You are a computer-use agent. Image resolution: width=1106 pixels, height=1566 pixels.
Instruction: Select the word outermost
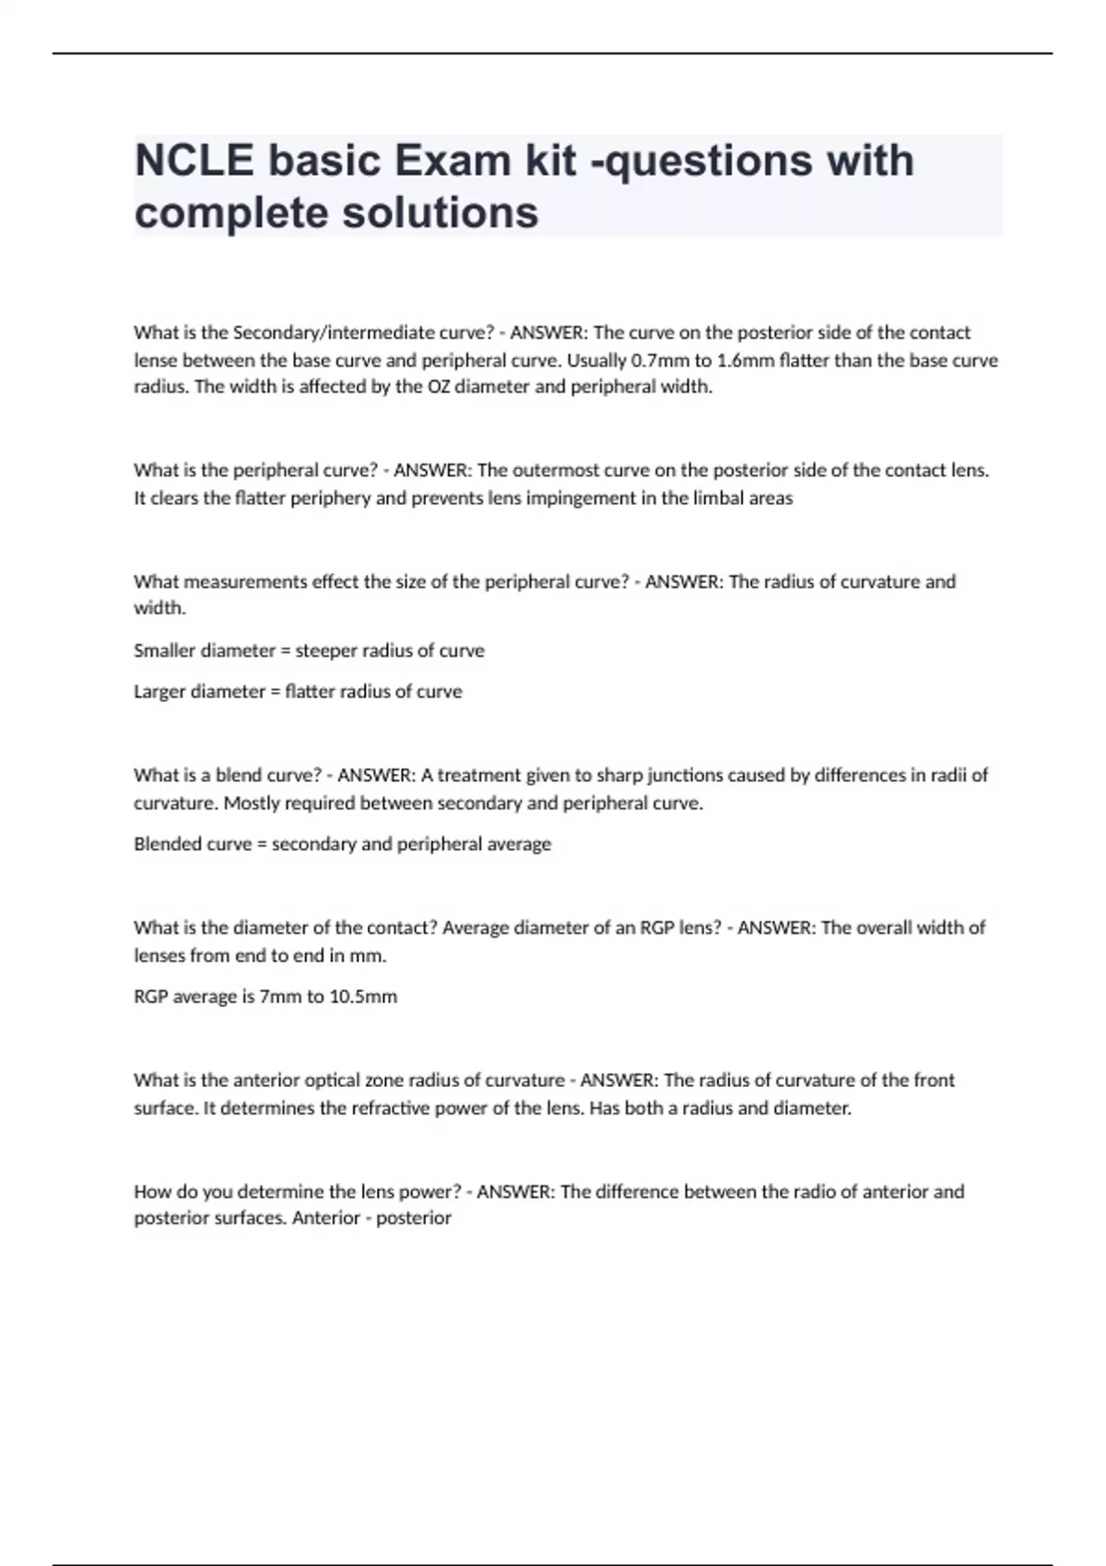tap(556, 471)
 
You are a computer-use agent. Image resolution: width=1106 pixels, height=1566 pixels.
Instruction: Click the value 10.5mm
tap(363, 997)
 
